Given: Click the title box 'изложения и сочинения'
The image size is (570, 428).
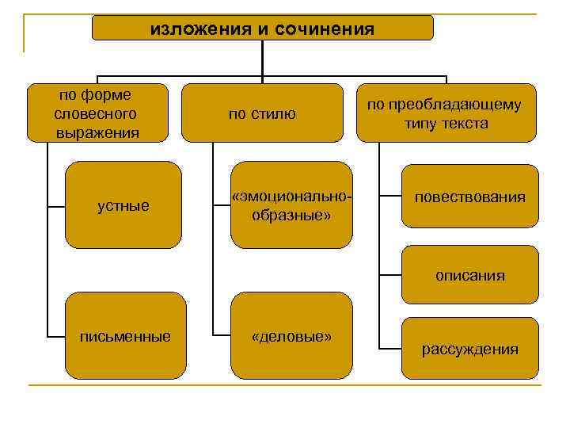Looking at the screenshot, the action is tap(262, 28).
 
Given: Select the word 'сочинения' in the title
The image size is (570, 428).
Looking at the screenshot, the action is tap(323, 29).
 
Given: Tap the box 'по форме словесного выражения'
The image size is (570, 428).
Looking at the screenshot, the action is tap(97, 113).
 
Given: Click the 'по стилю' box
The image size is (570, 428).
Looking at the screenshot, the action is tap(262, 113).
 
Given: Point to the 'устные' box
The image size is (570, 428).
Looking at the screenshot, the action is tap(123, 205).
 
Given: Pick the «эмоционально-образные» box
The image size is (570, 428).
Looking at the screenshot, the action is tap(291, 205).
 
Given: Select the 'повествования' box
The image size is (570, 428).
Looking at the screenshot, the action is tap(469, 196).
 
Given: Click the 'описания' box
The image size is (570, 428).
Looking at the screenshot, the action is tap(469, 276).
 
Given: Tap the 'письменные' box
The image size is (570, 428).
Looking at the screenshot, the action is tap(125, 336).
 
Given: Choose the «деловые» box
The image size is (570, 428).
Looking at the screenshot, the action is tap(291, 336).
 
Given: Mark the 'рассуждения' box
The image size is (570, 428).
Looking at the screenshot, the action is tap(469, 349).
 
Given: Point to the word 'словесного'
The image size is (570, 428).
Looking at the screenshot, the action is tap(97, 113).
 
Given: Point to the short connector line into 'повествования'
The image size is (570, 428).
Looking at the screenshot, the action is tap(389, 196).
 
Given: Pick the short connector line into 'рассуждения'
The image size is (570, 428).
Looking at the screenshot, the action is tap(389, 348).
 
